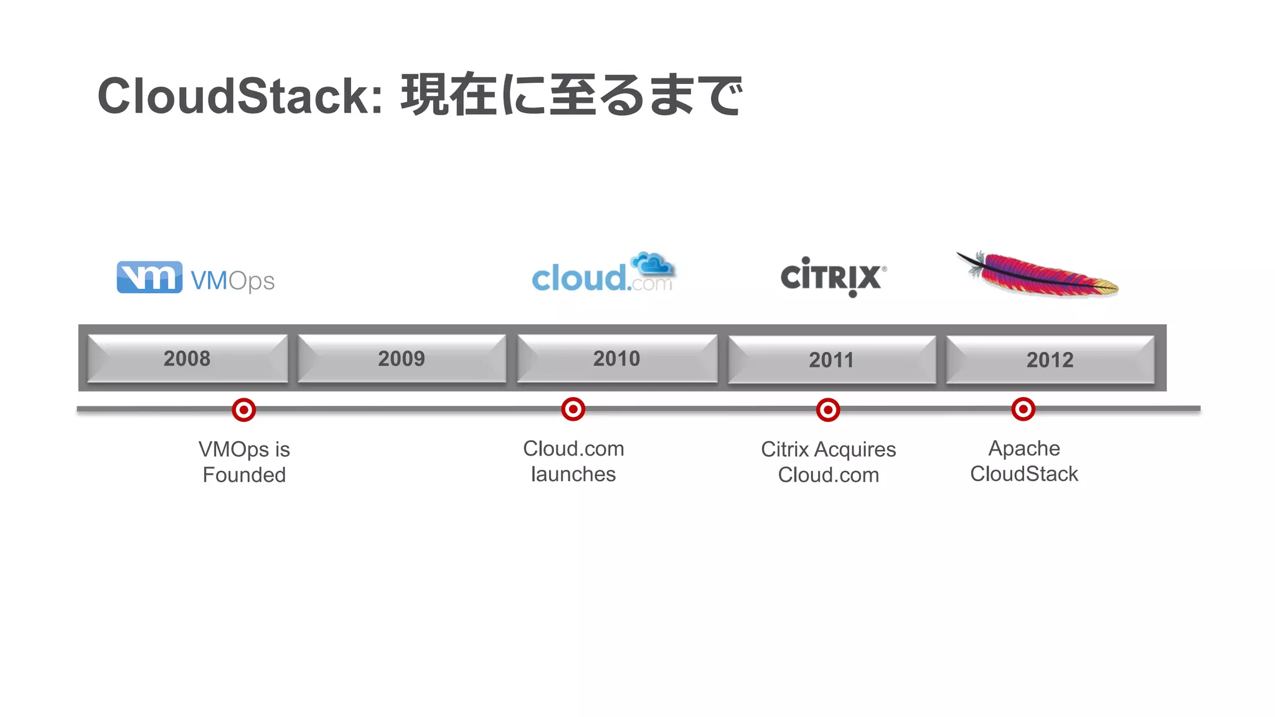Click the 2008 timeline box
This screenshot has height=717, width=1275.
pos(187,358)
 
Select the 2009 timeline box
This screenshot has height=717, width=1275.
pos(402,358)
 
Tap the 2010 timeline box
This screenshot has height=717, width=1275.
pos(616,358)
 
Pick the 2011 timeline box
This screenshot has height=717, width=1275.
pos(832,360)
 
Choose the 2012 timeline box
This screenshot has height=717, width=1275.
pos(1050,360)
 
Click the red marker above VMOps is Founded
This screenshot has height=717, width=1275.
pos(244,410)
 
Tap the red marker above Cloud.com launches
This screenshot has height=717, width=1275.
pos(573,410)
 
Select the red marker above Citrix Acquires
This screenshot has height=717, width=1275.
pos(828,410)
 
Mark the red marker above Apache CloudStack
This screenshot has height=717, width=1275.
pos(1023,410)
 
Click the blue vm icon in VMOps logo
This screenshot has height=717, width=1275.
pos(149,277)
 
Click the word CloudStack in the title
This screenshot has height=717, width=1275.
pos(239,96)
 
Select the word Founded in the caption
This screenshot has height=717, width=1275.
pos(244,475)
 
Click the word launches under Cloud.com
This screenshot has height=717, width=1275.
pos(573,474)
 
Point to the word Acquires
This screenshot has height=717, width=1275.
pos(855,449)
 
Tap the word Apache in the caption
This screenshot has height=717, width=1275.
pos(1024,448)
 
